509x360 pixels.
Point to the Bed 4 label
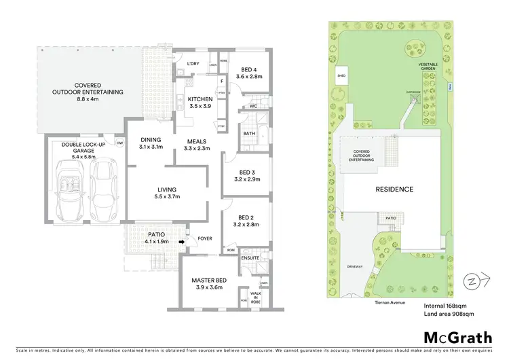coord(249,73)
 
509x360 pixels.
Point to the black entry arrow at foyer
coord(182,240)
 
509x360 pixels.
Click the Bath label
coord(249,134)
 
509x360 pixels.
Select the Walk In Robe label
coord(256,297)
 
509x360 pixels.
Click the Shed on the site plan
coord(341,77)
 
